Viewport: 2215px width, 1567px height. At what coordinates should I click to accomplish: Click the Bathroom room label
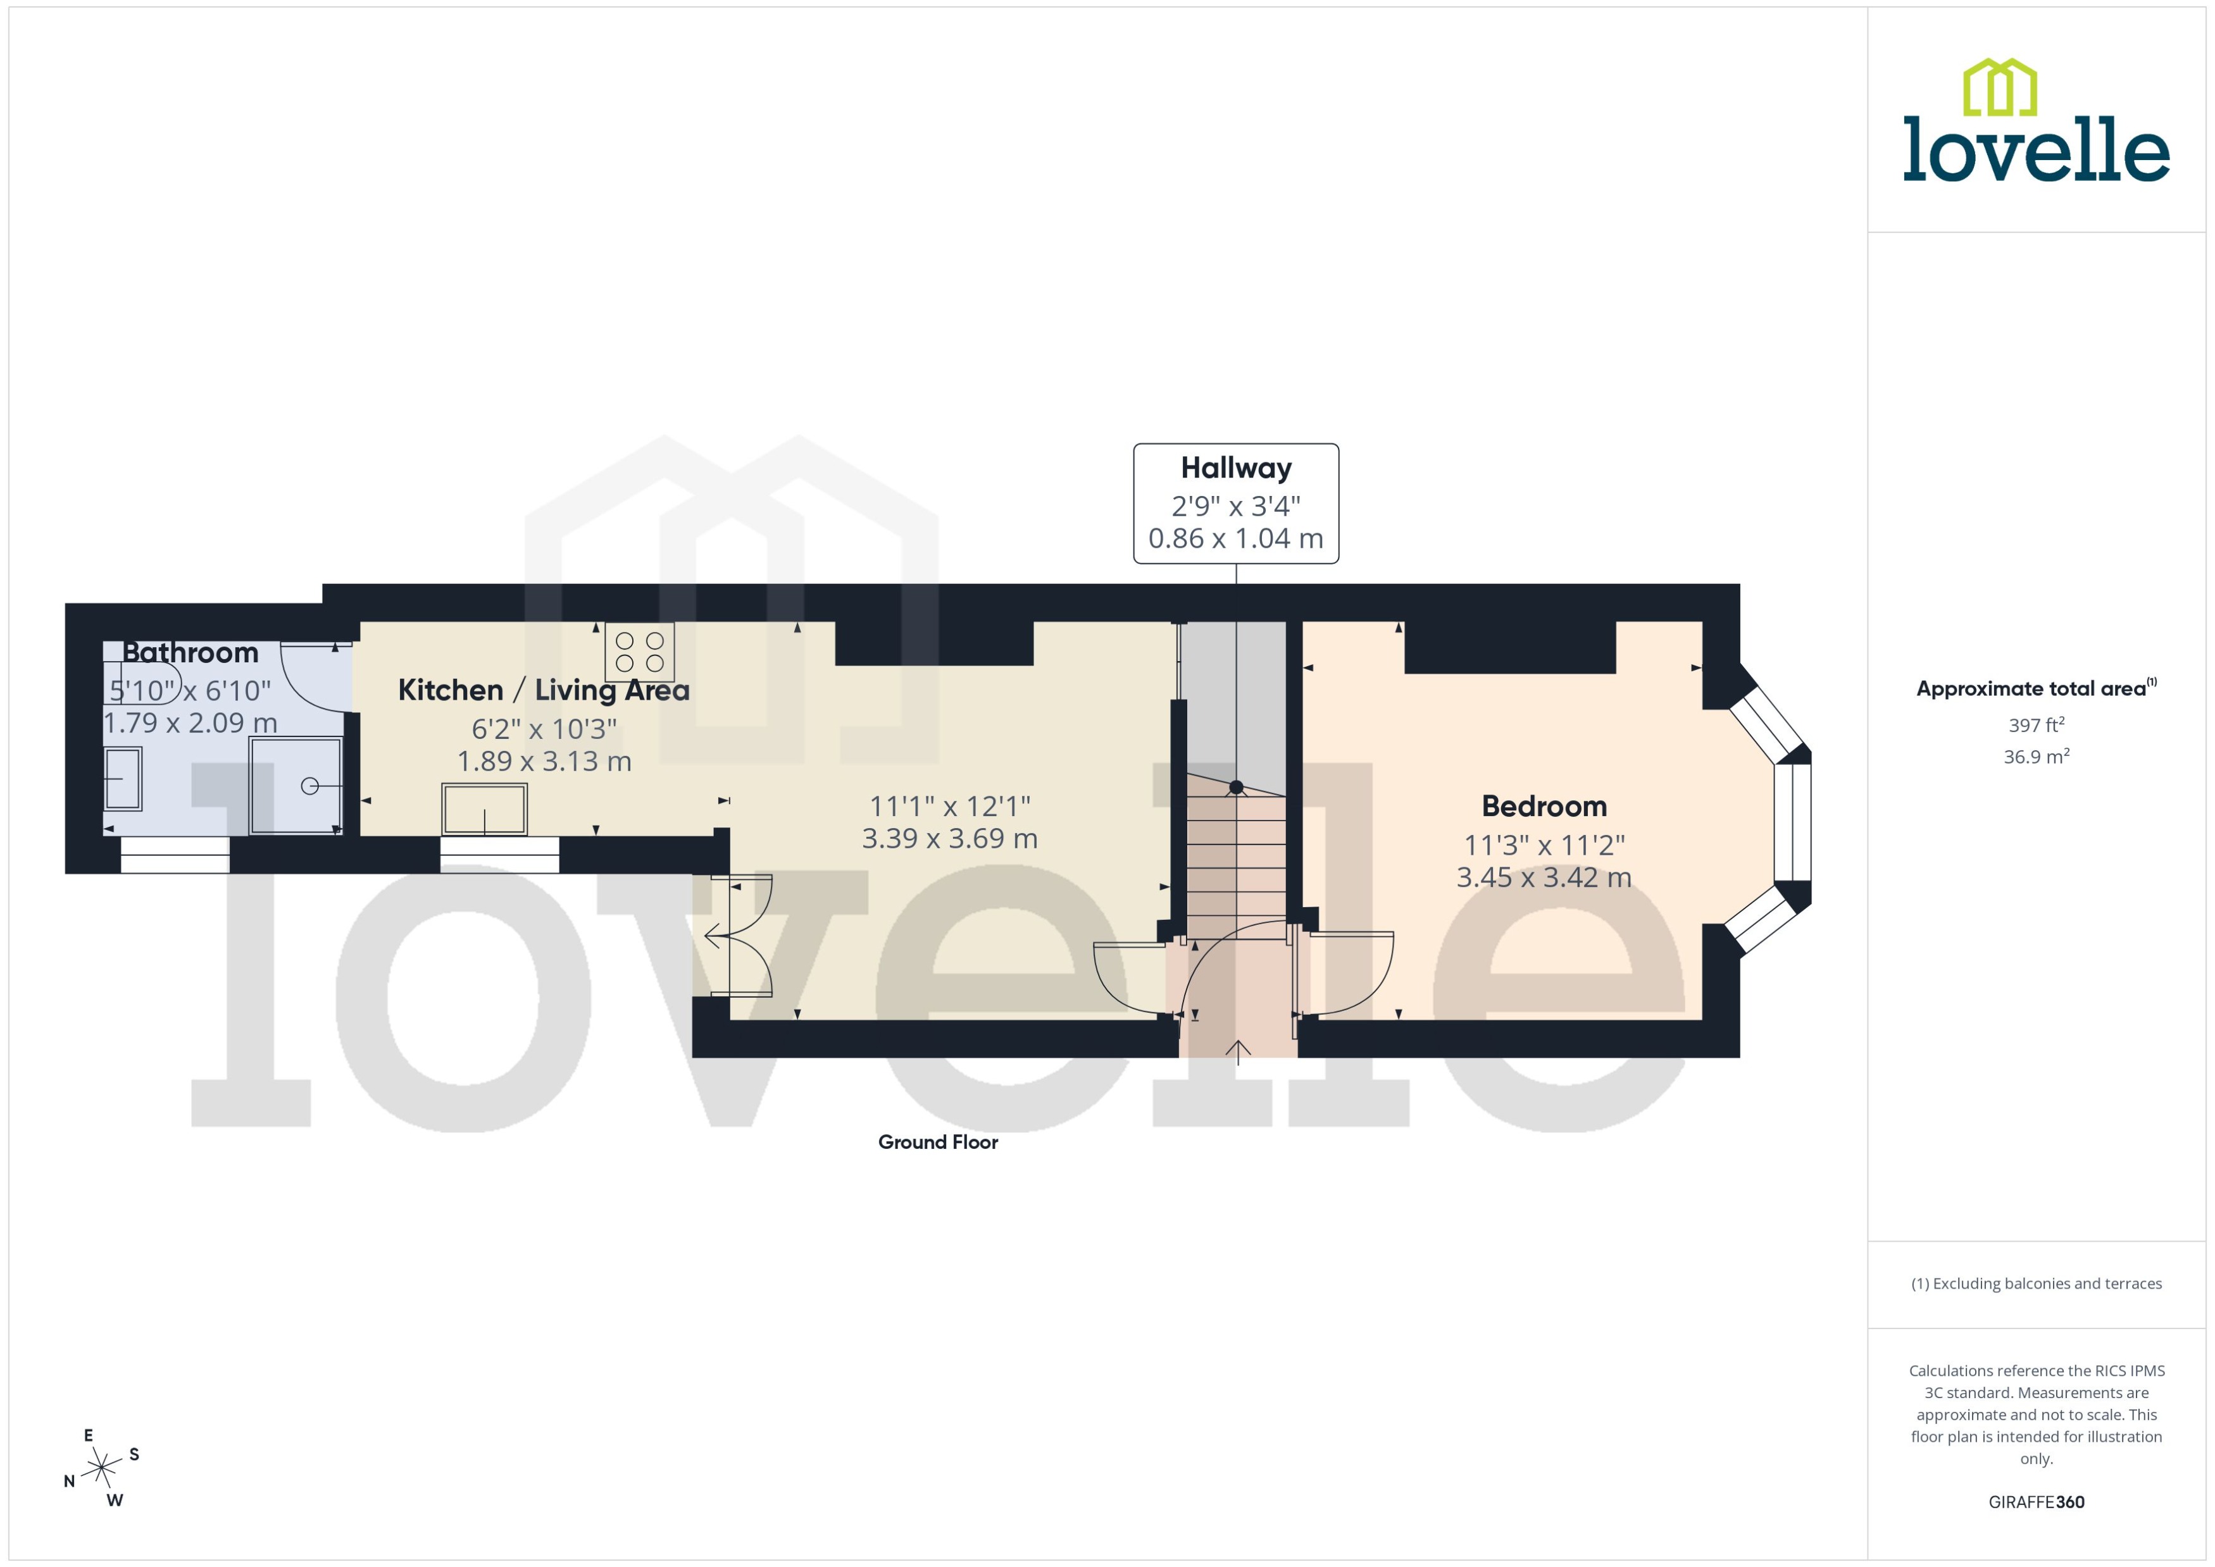click(190, 653)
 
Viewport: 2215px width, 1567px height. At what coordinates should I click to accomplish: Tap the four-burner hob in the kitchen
click(639, 652)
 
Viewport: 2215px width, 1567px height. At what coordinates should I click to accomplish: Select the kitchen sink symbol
click(485, 808)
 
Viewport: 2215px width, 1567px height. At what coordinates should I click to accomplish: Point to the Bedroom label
click(1544, 806)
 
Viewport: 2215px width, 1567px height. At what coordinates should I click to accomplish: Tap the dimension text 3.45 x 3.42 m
click(1544, 877)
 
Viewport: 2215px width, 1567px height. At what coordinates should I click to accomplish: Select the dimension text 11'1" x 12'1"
click(950, 806)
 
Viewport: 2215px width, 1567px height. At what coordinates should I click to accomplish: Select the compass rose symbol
click(101, 1468)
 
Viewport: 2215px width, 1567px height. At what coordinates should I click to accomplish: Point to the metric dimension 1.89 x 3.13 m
click(544, 761)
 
